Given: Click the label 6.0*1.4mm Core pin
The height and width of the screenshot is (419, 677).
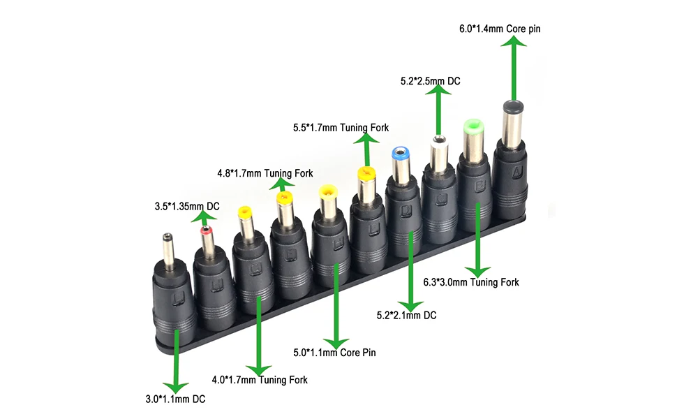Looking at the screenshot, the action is click(499, 29).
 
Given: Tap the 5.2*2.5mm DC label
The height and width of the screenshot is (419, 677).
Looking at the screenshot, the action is click(430, 81).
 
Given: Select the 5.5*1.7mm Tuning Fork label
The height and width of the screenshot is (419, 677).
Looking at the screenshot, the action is click(341, 128).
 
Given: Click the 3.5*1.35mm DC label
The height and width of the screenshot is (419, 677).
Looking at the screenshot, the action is click(187, 207).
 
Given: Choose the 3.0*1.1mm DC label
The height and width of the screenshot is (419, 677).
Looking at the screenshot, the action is click(175, 399).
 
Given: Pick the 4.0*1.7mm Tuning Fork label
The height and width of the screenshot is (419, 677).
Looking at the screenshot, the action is click(259, 380).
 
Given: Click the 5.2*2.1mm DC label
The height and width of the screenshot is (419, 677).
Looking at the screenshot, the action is click(406, 315).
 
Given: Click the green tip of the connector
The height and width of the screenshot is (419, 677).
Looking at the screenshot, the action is click(473, 128).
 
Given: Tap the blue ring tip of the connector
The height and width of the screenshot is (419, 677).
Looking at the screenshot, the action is click(401, 152).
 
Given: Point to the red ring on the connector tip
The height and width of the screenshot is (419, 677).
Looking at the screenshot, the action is click(207, 231).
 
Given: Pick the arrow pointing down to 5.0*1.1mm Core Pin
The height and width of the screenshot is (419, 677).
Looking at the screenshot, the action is click(337, 307).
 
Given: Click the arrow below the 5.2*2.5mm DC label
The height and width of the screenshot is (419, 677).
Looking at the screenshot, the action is click(438, 112).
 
